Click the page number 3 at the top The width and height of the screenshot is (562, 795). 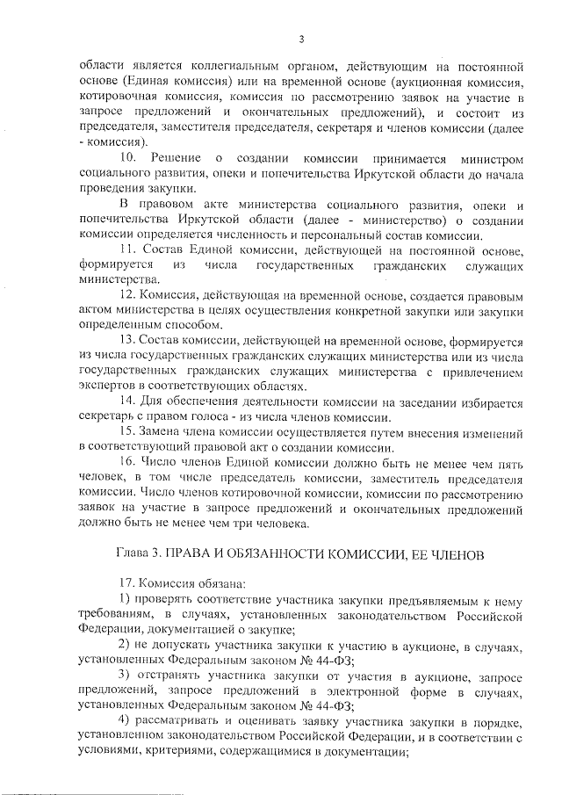click(x=301, y=39)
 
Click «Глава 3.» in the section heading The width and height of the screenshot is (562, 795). click(x=141, y=555)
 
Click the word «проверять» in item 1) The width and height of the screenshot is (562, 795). click(x=168, y=601)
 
